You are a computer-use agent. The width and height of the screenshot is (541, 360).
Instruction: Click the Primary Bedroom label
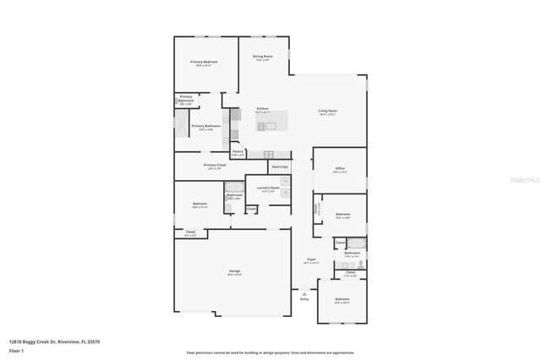(203, 63)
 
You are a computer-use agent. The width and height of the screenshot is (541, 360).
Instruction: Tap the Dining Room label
(262, 57)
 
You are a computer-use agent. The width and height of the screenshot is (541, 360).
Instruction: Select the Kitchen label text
(262, 109)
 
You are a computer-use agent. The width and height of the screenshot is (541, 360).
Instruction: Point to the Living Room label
(328, 112)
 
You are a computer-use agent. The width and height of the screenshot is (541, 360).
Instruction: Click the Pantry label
(238, 152)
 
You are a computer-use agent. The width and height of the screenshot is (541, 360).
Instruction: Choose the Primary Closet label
(215, 166)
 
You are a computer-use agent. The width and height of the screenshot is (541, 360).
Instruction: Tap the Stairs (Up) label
(280, 167)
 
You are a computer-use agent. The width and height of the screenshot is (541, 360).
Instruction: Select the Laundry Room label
(269, 188)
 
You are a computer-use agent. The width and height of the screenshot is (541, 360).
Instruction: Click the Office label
(340, 169)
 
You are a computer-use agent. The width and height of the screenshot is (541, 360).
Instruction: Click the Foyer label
(311, 260)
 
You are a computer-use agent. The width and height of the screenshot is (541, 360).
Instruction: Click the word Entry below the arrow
(304, 298)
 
